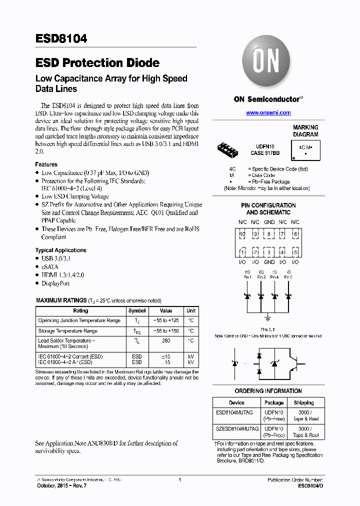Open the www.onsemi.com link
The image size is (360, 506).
tap(268, 113)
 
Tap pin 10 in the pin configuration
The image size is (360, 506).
tap(242, 234)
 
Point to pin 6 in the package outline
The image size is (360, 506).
tap(295, 234)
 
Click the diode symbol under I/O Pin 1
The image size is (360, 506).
tap(247, 296)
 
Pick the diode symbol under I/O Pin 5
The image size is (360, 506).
tap(288, 296)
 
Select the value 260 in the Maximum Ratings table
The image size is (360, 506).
tap(166, 341)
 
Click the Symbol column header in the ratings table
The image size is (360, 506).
tap(137, 310)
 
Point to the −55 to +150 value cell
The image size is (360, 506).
tap(166, 331)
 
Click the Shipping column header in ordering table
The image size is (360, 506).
tap(303, 402)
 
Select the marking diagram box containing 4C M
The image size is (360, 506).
tap(305, 148)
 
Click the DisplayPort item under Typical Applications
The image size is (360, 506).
tap(55, 283)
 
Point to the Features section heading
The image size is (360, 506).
tap(46, 164)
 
